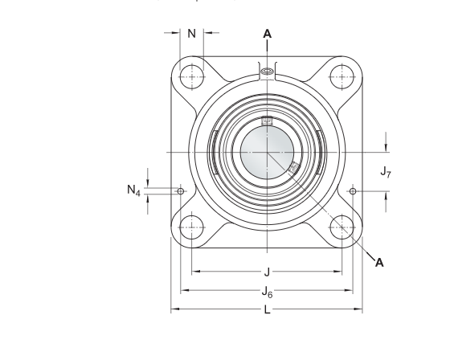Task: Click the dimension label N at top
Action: pos(192,34)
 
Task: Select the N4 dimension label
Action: pos(133,191)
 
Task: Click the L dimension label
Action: pos(267,310)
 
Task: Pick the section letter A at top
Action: pos(267,34)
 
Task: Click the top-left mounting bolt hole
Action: pos(191,76)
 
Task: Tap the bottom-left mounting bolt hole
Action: pos(191,227)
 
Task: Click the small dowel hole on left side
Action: pos(181,191)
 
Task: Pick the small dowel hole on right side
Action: pos(354,191)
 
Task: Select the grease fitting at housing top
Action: pos(267,74)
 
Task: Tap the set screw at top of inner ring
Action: pos(267,123)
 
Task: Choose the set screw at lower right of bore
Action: pos(294,168)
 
